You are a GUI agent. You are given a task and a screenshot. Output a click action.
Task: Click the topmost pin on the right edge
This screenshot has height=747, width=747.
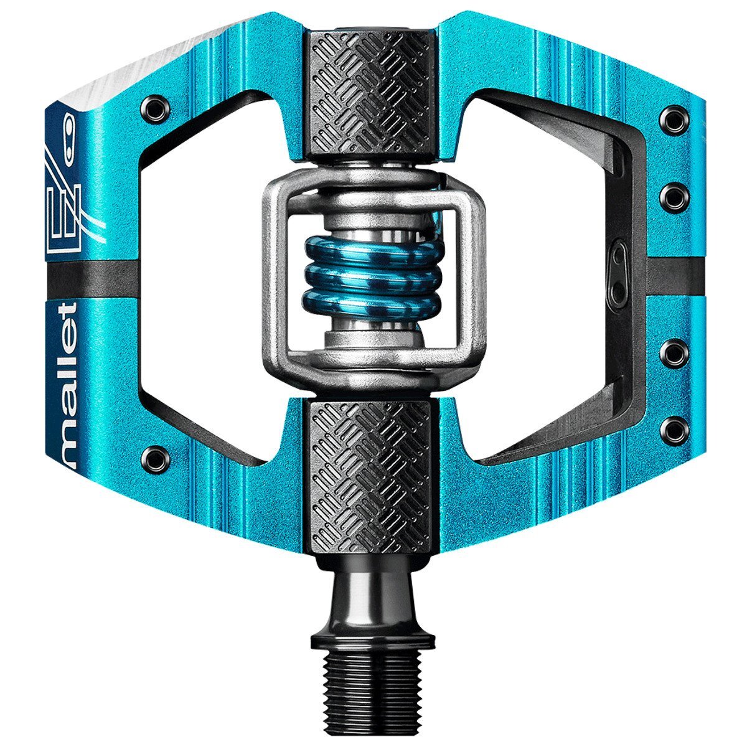675,117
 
